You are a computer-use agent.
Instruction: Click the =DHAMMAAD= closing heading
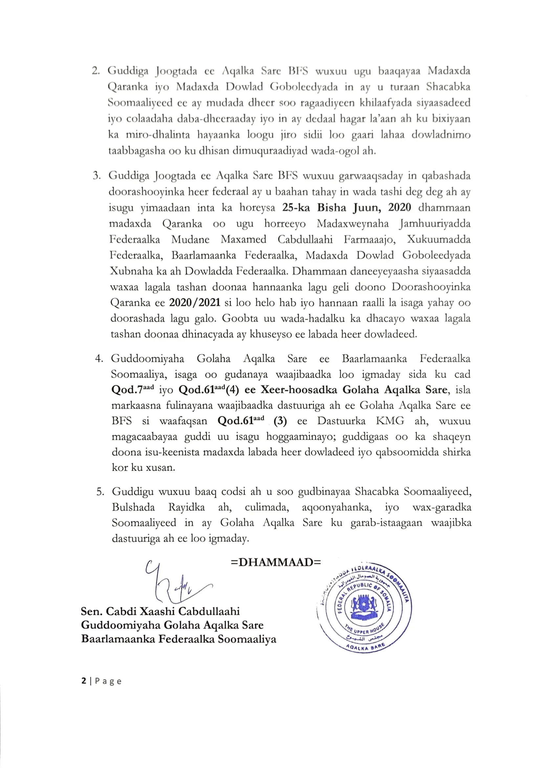(x=275, y=562)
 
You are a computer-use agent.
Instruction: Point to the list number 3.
(x=97, y=176)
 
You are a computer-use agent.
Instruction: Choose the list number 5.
(x=100, y=491)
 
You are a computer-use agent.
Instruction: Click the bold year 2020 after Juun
(x=399, y=207)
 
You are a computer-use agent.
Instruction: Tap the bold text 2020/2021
(x=195, y=303)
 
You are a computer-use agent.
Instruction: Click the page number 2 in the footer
(x=84, y=681)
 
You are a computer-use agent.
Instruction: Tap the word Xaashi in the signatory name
(x=157, y=611)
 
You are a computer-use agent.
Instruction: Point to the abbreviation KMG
(x=390, y=421)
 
